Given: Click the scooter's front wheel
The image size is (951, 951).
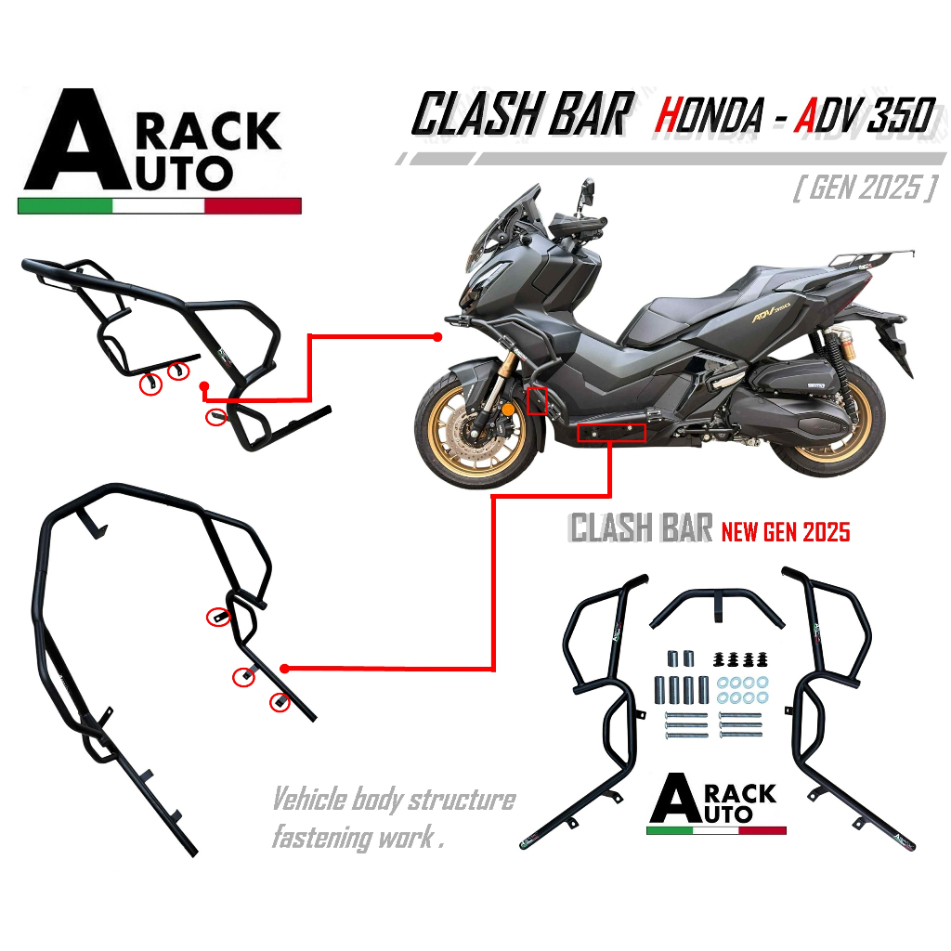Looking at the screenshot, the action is point(477,426).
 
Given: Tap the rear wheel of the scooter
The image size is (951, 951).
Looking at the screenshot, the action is point(825,420).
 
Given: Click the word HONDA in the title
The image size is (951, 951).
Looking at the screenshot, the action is point(709,115).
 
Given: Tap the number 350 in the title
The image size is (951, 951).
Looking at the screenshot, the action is point(902,115).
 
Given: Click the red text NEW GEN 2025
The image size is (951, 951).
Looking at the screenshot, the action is point(786,532).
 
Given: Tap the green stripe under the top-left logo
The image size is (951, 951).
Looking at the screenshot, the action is point(65,205).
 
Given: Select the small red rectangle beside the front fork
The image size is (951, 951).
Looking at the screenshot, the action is point(537,400).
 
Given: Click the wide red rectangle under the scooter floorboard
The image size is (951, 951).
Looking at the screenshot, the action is point(611,433).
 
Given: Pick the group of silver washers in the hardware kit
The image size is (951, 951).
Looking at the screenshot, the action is point(742,690).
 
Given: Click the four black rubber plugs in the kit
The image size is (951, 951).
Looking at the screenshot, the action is point(740,659).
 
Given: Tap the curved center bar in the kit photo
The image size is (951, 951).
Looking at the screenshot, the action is point(717,606).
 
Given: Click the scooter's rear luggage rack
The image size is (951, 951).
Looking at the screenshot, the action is point(870,257).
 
